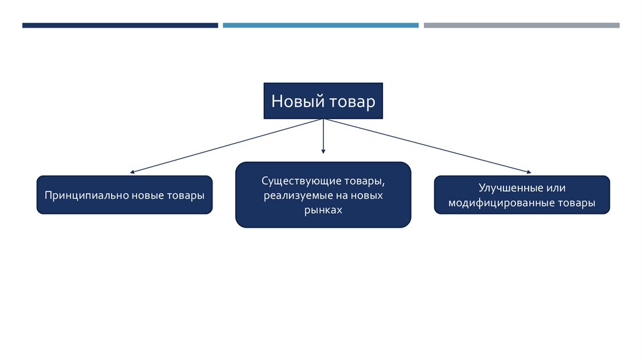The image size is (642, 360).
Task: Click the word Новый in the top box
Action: click(294, 101)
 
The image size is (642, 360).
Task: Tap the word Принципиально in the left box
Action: click(86, 195)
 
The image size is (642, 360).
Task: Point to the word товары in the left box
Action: click(186, 195)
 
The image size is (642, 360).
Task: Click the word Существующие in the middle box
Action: click(294, 181)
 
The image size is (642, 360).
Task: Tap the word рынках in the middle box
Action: click(324, 211)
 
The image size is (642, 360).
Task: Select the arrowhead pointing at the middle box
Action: click(324, 151)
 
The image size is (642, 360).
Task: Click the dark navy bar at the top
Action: click(120, 26)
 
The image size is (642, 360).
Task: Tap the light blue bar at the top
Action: click(320, 26)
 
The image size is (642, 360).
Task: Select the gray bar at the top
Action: click(521, 26)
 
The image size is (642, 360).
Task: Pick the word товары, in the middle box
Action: click(364, 181)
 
